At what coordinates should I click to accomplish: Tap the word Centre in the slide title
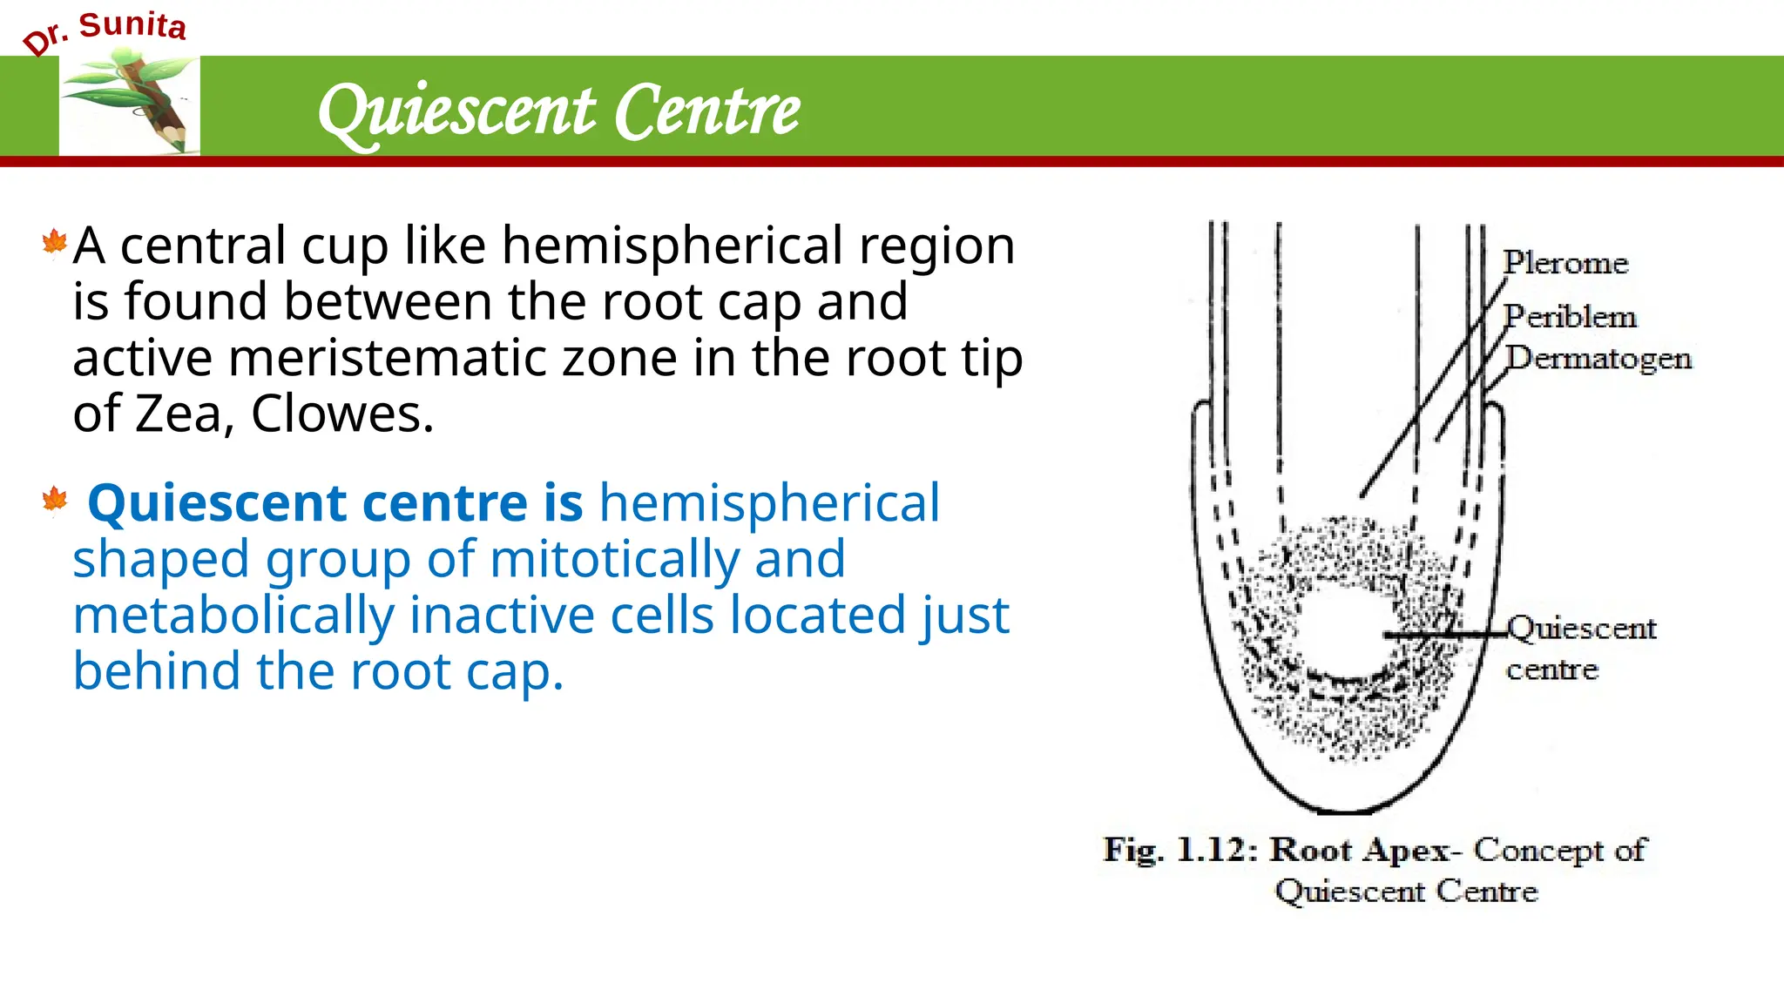[706, 111]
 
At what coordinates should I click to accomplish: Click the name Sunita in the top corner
[132, 25]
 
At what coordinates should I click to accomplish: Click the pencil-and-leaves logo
[130, 104]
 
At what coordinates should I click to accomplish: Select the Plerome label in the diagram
[1565, 263]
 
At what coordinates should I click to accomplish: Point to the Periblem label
[1570, 317]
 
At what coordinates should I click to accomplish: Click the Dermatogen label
[1598, 359]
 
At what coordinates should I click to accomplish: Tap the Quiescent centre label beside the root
[1580, 648]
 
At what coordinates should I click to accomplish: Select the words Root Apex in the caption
[1359, 850]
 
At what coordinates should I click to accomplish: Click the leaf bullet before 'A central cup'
[54, 243]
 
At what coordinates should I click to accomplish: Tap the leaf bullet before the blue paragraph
[54, 501]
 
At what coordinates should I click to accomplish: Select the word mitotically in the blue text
[613, 559]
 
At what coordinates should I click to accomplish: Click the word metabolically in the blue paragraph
[233, 616]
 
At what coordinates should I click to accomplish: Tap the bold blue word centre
[444, 503]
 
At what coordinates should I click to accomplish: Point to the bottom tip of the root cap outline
[1346, 811]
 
